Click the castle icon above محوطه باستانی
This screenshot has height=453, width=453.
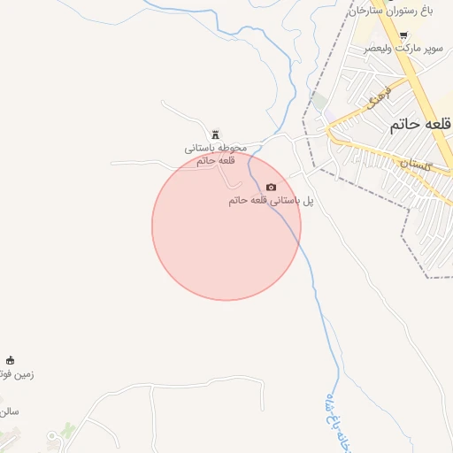(215, 134)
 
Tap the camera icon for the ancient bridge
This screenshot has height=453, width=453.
(271, 187)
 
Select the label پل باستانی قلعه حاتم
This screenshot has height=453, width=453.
(272, 201)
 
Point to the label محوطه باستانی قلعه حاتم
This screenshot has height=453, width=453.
(217, 154)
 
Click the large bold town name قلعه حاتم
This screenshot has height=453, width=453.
(419, 126)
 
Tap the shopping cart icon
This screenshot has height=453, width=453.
(404, 36)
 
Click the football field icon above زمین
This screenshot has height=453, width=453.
(11, 360)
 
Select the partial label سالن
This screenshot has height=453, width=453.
(9, 411)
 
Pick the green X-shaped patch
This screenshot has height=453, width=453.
(68, 432)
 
